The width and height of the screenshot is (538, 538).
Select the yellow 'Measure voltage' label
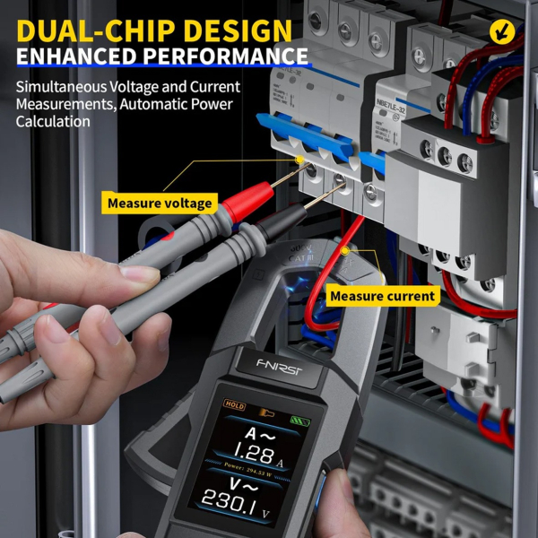tap(160, 203)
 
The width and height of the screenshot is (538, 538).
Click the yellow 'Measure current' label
tap(382, 295)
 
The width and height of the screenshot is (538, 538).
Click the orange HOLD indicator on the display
tap(235, 406)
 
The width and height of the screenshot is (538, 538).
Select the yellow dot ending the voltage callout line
tap(299, 160)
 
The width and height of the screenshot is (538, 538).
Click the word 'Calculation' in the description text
tap(53, 121)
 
